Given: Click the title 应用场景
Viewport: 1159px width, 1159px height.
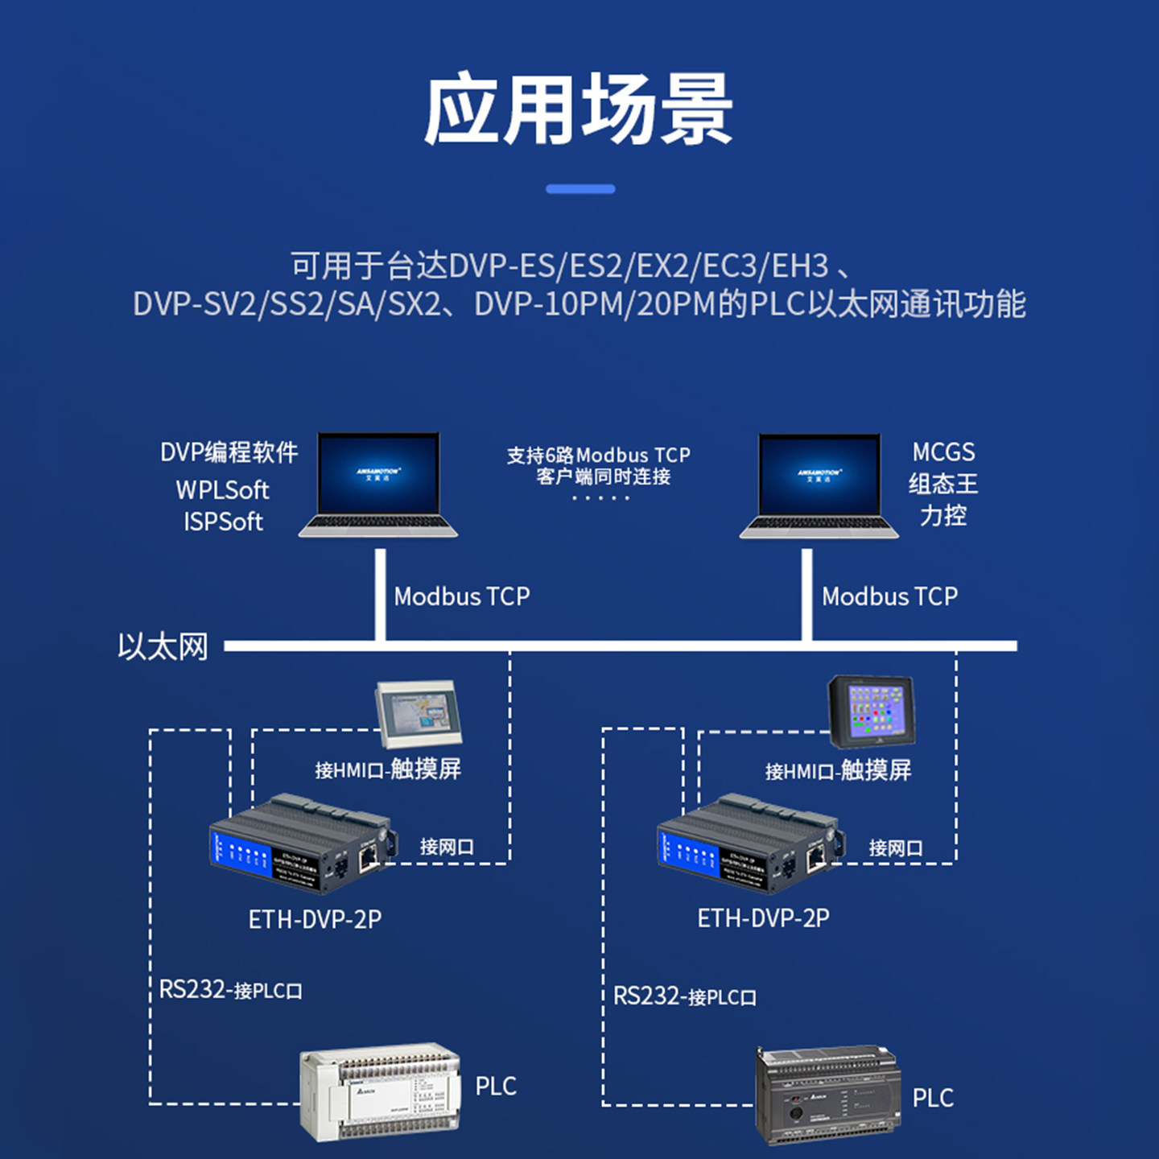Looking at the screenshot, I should pos(579,110).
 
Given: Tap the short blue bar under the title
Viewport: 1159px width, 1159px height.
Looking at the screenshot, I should pos(579,189).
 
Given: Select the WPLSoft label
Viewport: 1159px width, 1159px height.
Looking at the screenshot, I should pos(222,489).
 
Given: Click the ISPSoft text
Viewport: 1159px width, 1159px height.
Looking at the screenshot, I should pos(223,522).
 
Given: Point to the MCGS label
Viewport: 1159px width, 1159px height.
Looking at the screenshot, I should pos(943,452).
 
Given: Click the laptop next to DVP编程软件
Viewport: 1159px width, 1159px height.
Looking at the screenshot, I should pos(378,485).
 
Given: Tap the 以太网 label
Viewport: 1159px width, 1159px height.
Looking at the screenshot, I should pos(163,646).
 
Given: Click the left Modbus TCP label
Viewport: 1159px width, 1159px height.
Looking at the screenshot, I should pos(462,596).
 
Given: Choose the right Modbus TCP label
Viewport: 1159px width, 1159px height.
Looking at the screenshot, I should pos(889,596).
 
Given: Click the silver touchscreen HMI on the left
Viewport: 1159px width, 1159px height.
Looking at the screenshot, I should pos(419,713).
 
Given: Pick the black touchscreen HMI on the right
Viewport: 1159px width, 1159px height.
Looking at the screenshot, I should pos(872,711).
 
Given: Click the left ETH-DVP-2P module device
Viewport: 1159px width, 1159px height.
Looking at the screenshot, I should pos(303,843).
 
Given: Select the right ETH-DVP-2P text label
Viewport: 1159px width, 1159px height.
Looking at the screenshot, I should pos(763,918).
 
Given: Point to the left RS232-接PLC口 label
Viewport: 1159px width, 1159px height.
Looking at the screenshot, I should pos(230,989).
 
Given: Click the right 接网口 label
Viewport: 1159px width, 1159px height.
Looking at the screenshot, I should pos(895,848).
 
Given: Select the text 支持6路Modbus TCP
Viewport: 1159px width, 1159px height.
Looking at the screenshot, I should pos(598,456).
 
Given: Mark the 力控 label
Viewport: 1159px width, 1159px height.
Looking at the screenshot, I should pos(943,515).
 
